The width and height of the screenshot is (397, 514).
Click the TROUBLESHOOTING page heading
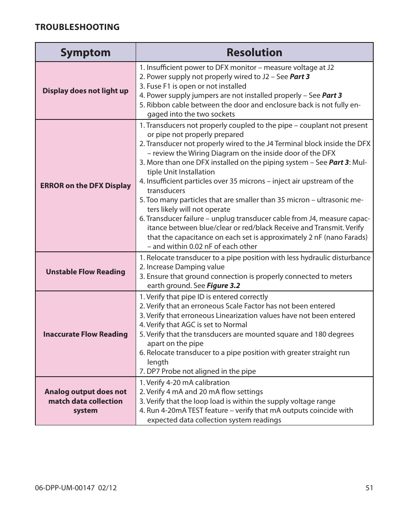(x=77, y=27)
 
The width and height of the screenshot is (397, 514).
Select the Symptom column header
(x=85, y=52)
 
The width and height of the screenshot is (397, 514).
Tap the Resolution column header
(x=254, y=52)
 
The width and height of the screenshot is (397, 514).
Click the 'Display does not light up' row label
(x=85, y=91)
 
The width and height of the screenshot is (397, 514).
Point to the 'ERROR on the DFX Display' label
(x=85, y=186)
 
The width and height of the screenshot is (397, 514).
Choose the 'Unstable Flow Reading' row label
(x=85, y=272)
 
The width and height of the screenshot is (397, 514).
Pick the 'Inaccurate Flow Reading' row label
(x=85, y=334)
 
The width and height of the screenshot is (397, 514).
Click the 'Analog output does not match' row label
(x=85, y=401)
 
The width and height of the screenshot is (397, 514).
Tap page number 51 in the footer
(x=369, y=488)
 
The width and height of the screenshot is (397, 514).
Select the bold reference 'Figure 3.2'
(x=223, y=286)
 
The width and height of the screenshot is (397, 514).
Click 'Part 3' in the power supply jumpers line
(x=332, y=95)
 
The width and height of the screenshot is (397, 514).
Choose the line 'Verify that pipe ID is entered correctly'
(x=203, y=297)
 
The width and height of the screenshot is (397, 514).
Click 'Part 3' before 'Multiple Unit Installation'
(x=339, y=162)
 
